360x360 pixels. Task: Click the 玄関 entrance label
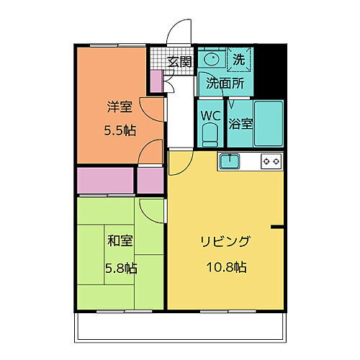click(x=180, y=62)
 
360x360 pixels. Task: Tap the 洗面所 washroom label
click(x=225, y=83)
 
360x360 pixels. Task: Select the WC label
click(x=210, y=115)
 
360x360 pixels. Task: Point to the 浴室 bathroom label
click(x=240, y=123)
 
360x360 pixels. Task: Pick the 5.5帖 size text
click(x=119, y=131)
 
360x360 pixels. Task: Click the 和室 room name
click(x=119, y=242)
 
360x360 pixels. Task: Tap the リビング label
click(x=225, y=241)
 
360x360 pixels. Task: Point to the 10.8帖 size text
click(x=225, y=267)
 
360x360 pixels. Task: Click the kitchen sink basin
click(x=230, y=161)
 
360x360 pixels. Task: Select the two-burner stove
click(x=271, y=161)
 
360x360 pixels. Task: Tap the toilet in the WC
click(x=210, y=134)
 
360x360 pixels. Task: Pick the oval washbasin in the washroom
click(x=212, y=59)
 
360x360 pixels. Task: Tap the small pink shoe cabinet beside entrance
click(x=156, y=83)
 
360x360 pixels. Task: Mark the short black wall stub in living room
click(x=279, y=228)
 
